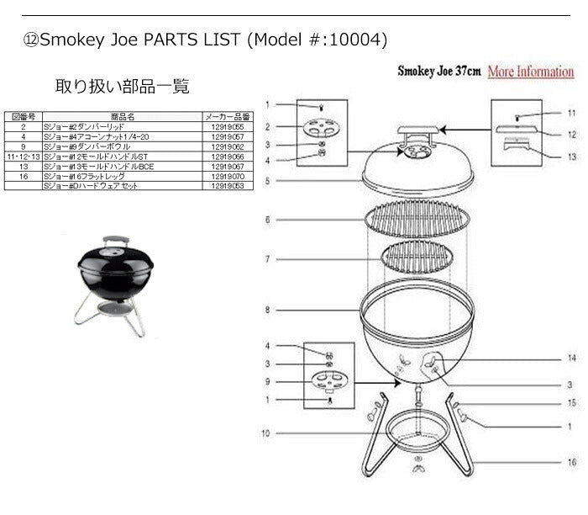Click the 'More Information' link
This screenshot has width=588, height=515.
(530, 72)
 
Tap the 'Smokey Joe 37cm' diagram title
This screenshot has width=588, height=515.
(438, 72)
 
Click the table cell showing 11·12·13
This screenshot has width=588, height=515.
(24, 156)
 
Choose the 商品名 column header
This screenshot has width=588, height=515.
(122, 116)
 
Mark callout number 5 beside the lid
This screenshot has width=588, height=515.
(267, 180)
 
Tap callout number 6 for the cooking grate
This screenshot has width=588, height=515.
(267, 220)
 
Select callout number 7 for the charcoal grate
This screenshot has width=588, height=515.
(267, 259)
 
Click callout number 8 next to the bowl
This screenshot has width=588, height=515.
(267, 310)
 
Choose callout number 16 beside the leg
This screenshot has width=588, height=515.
(571, 462)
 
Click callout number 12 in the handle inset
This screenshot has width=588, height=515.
(571, 133)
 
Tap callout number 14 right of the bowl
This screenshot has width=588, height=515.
(571, 358)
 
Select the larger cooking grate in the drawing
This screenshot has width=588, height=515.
(417, 221)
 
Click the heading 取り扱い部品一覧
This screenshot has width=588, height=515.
(122, 86)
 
